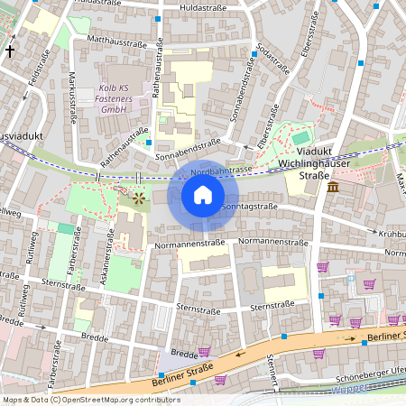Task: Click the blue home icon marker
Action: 203,195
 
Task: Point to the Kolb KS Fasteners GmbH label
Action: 113,99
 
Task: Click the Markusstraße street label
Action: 72,96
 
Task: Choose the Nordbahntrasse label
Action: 221,170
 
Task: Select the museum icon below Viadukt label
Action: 334,187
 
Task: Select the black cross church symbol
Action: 10,51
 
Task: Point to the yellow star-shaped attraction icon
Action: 139,196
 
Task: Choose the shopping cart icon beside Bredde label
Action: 204,352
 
